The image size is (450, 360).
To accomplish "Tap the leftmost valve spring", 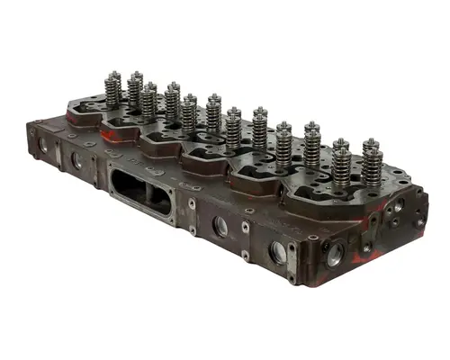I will [113, 90].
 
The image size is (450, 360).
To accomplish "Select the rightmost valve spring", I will [372, 164].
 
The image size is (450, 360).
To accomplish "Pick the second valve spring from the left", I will [135, 90].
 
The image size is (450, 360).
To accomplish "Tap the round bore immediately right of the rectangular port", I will [220, 226].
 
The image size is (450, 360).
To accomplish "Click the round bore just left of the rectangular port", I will [77, 162].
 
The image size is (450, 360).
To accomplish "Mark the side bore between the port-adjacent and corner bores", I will [278, 253].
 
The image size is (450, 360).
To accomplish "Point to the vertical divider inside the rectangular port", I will [142, 193].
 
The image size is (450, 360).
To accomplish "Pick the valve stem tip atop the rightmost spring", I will [370, 141].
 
